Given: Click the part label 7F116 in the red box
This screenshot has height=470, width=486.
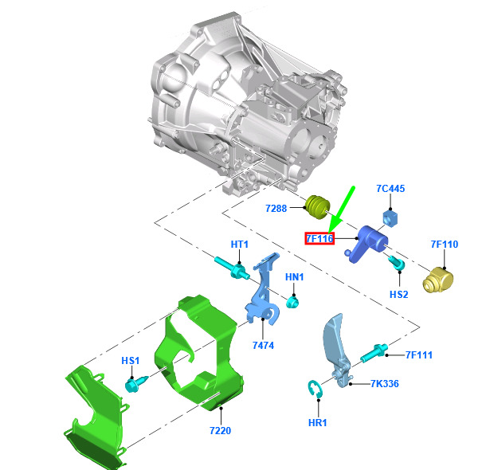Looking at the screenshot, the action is click(319, 238).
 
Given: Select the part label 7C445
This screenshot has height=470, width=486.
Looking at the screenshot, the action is click(390, 188).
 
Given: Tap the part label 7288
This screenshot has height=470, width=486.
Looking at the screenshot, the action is click(276, 208).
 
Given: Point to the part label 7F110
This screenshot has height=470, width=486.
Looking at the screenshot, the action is click(445, 244).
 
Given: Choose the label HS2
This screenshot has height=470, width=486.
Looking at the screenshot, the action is click(399, 294).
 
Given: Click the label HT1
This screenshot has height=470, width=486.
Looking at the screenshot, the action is click(240, 244).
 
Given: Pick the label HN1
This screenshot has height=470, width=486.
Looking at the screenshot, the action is click(295, 276).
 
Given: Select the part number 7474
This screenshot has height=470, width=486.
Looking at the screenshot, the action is click(263, 345).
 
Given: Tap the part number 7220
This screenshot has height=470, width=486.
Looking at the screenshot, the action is click(221, 430).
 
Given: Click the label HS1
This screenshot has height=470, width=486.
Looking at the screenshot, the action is click(131, 361).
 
